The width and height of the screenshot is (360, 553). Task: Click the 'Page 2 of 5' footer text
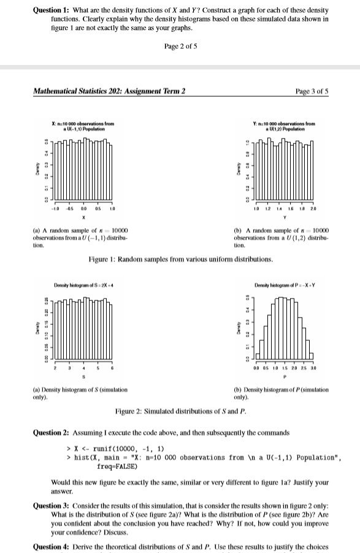pyautogui.click(x=180, y=47)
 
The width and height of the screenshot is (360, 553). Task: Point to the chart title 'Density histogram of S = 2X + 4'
pyautogui.click(x=82, y=286)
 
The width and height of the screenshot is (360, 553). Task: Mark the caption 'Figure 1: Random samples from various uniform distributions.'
pyautogui.click(x=180, y=260)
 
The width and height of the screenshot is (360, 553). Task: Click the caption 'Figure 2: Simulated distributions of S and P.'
pyautogui.click(x=180, y=411)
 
